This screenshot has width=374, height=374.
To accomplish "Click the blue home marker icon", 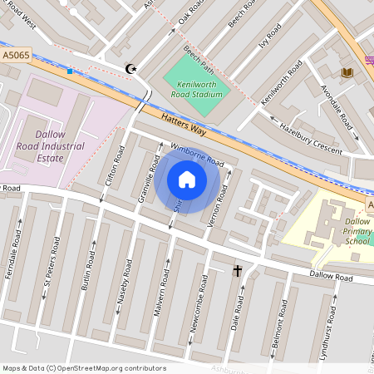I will [187, 180].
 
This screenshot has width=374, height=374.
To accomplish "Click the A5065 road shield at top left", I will [16, 56].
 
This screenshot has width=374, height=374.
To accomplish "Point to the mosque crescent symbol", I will [129, 68].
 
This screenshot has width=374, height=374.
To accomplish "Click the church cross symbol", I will [238, 271].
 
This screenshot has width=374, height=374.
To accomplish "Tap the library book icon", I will [347, 73].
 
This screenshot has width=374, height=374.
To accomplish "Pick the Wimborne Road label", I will [197, 155].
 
